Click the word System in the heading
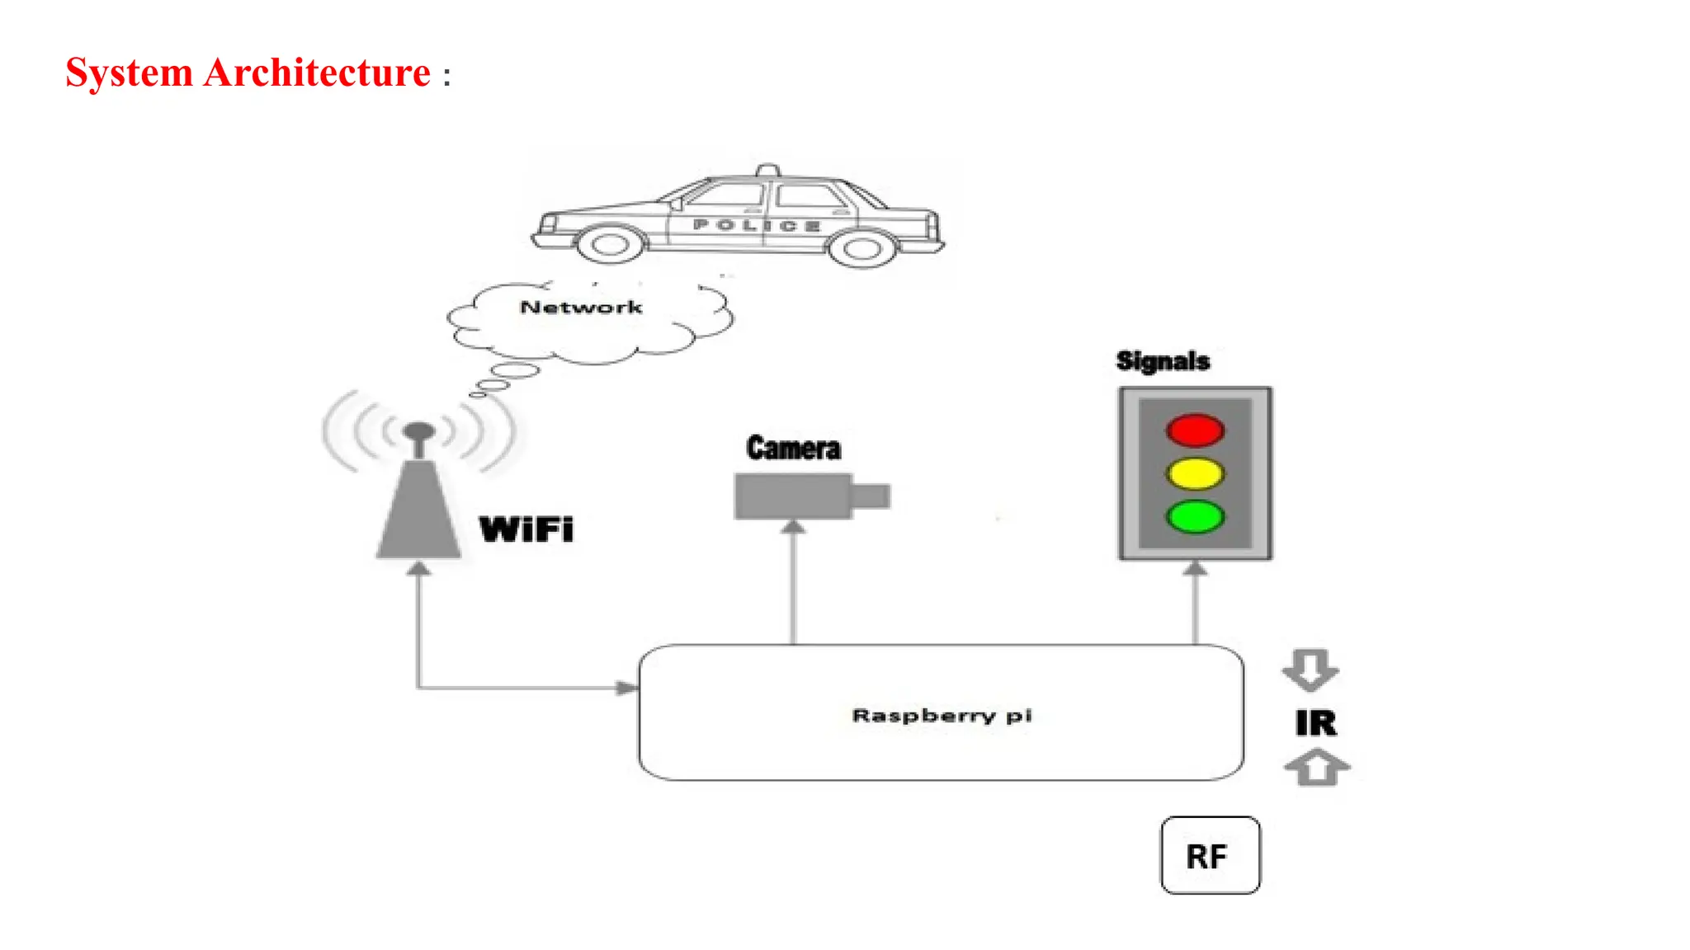pos(129,73)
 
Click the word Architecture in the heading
pos(317,73)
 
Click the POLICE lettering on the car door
pos(756,224)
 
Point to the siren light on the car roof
pos(767,170)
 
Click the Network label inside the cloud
pos(581,308)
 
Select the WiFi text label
pos(526,529)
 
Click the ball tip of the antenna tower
pos(419,431)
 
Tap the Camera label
pos(793,449)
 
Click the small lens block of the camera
pos(871,496)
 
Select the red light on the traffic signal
pos(1195,430)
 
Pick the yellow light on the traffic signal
pos(1195,474)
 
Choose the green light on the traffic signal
pos(1195,517)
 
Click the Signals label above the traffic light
pos(1163,361)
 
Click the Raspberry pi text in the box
pos(942,715)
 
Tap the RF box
pos(1210,856)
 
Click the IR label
pos(1315,723)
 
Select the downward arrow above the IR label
pos(1310,670)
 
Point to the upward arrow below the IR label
pos(1317,768)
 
